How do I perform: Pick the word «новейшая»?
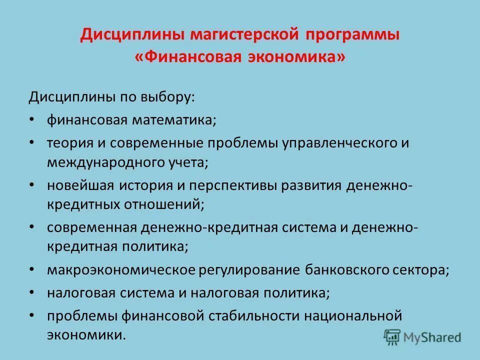tap(80, 185)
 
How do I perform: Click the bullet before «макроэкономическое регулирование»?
tap(32, 270)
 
